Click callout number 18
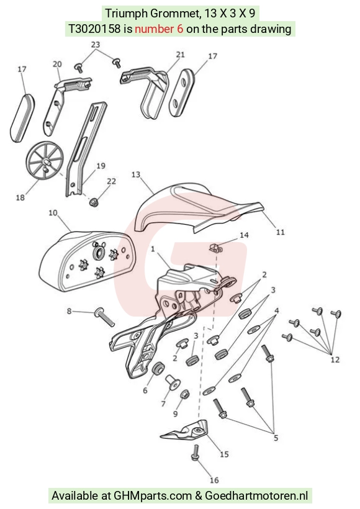pos(20,197)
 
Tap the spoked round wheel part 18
pos(44,161)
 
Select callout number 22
pos(111,181)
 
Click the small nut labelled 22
pos(94,202)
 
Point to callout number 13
pos(136,174)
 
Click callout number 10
pos(53,213)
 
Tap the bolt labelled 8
pos(104,317)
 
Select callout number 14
pos(244,235)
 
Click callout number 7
pos(163,403)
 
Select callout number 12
pos(335,359)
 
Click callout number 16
pos(214,480)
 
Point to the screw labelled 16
pos(195,453)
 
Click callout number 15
pos(224,454)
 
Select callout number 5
pos(276,438)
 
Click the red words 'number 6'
pos(159,29)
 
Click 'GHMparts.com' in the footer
pos(153,496)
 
